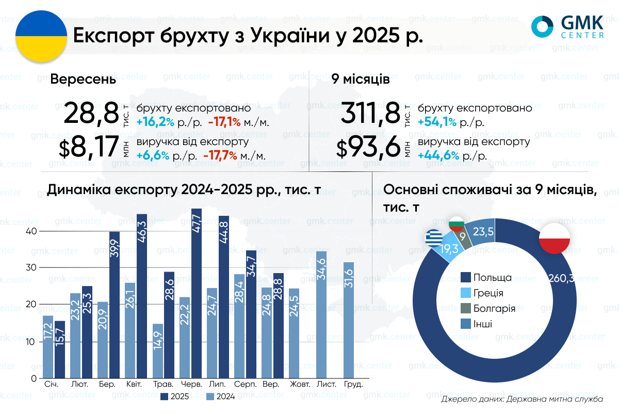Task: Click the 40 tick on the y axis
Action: [x=32, y=231]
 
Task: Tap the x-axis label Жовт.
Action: [x=300, y=385]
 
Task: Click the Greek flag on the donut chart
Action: [x=433, y=238]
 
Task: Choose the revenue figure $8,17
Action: [x=89, y=148]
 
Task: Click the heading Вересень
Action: [x=83, y=81]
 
